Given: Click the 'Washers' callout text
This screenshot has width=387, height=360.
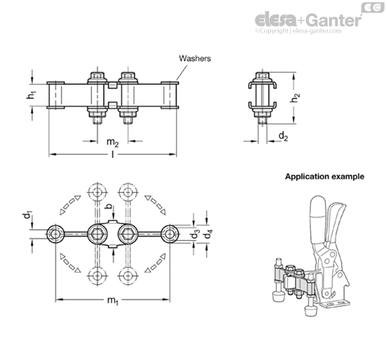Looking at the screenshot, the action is pyautogui.click(x=195, y=58).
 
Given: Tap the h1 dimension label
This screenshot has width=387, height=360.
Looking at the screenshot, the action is pyautogui.click(x=31, y=95).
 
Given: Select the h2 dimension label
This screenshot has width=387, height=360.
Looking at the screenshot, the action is pyautogui.click(x=295, y=98).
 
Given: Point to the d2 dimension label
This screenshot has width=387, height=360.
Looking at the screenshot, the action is pyautogui.click(x=283, y=136).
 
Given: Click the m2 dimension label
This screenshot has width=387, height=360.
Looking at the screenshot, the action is pyautogui.click(x=113, y=143).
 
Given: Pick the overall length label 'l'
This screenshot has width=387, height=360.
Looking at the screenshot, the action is pyautogui.click(x=113, y=155).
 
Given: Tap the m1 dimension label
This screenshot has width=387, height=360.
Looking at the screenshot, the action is pyautogui.click(x=113, y=301).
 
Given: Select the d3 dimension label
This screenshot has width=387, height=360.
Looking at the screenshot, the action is pyautogui.click(x=196, y=234).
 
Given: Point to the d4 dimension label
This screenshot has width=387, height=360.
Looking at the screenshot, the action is pyautogui.click(x=209, y=234).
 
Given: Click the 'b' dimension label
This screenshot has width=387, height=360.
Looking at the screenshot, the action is pyautogui.click(x=109, y=207).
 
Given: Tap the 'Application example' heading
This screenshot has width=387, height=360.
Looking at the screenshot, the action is pyautogui.click(x=324, y=177).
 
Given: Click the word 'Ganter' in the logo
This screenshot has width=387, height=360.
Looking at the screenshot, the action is pyautogui.click(x=335, y=20).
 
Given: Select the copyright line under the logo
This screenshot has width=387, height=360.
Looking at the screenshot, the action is pyautogui.click(x=298, y=31).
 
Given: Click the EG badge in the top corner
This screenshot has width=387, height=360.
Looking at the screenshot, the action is pyautogui.click(x=373, y=7).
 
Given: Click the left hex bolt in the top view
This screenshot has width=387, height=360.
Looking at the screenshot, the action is pyautogui.click(x=98, y=234).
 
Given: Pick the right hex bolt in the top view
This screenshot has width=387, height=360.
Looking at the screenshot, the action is pyautogui.click(x=128, y=234).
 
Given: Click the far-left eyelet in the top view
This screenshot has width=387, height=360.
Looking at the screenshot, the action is pyautogui.click(x=56, y=234).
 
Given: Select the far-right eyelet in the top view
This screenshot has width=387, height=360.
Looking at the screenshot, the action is pyautogui.click(x=170, y=234).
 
